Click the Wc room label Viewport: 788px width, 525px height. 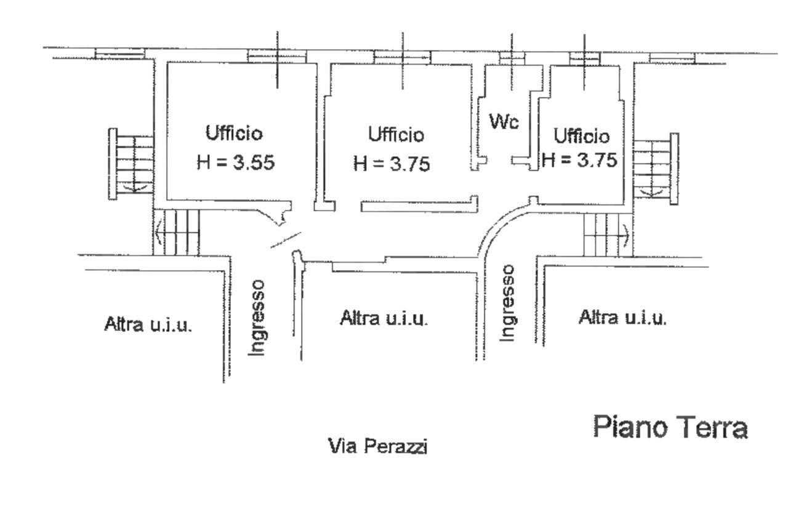[x=504, y=121]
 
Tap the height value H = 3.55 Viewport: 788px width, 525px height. [x=235, y=162]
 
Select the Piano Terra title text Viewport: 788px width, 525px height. [x=670, y=427]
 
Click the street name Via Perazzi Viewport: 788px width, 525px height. [x=378, y=446]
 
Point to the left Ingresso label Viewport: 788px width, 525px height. [x=257, y=317]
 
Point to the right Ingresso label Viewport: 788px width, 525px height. [x=507, y=303]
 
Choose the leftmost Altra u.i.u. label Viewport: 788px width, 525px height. [x=148, y=324]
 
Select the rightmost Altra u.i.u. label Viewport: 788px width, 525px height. [x=622, y=318]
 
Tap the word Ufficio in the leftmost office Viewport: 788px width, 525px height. [x=234, y=132]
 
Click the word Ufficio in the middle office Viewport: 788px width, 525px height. [x=396, y=134]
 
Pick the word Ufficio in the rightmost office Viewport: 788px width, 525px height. [x=581, y=135]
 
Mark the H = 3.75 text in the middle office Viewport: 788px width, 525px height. [x=392, y=164]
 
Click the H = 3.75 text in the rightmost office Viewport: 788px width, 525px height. [x=579, y=160]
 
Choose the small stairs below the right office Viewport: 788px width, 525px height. [x=605, y=234]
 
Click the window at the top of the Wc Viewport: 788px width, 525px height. [x=510, y=57]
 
